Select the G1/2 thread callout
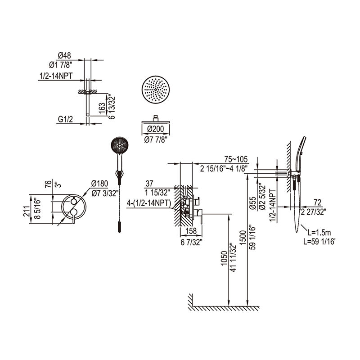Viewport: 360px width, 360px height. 65,120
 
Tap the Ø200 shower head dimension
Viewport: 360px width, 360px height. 156,130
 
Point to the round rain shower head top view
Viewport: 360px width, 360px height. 156,90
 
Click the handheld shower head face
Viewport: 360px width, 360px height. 119,147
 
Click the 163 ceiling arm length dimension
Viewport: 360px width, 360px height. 103,108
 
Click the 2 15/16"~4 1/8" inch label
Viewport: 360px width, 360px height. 224,168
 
